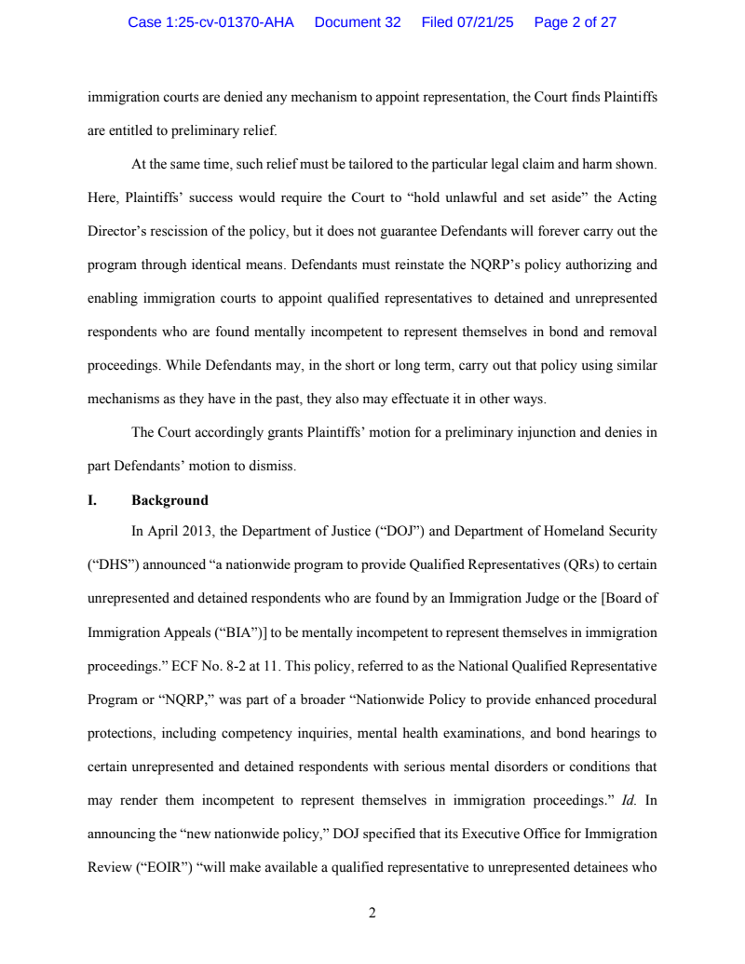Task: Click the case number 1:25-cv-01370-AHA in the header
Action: (x=210, y=22)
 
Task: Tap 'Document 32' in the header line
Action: (x=358, y=22)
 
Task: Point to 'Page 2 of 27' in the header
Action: (x=576, y=22)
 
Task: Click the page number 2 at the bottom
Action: (x=372, y=913)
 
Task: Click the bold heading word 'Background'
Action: (x=169, y=500)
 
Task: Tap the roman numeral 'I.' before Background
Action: (x=92, y=500)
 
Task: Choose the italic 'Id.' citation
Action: (x=629, y=799)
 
